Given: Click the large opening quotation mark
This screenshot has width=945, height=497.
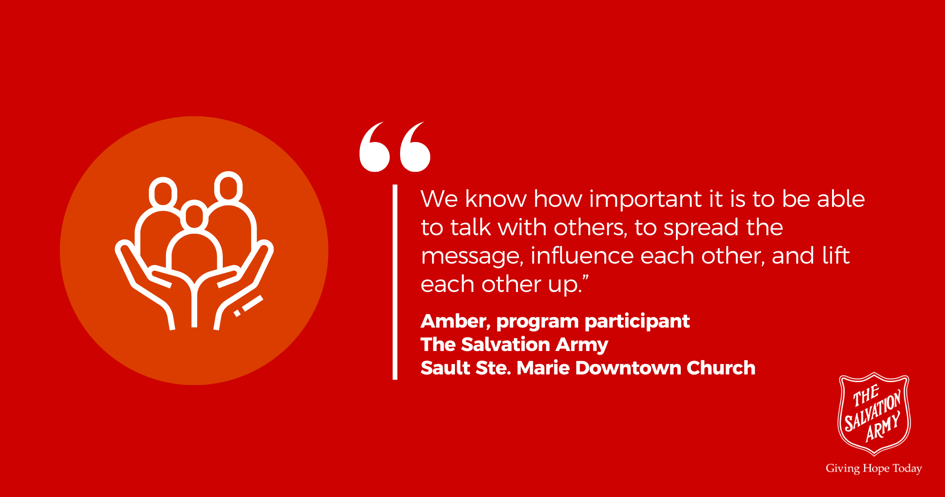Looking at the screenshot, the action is pos(395,147).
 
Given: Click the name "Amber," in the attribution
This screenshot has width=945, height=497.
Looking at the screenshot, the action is pos(455,322).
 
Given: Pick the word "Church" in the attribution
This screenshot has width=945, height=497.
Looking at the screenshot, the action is pos(721,368).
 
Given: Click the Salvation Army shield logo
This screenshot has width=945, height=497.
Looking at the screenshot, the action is pos(874,414).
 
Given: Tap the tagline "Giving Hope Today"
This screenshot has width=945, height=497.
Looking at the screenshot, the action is pos(874,469).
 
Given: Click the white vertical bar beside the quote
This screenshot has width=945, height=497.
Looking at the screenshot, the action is pos(395,282).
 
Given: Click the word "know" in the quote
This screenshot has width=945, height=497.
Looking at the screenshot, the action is pos(495,199).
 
